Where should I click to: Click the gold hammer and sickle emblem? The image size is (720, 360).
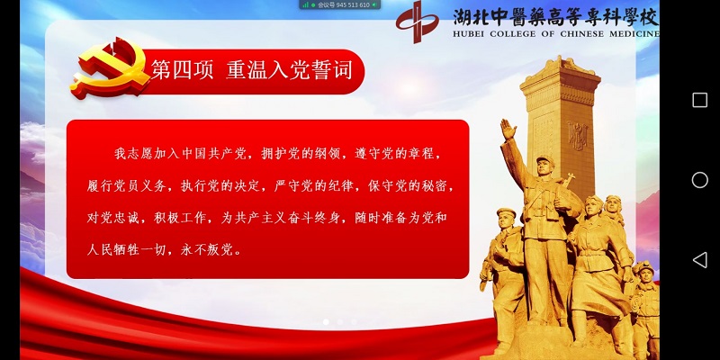pyautogui.click(x=110, y=68)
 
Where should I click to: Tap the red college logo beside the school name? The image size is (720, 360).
pyautogui.click(x=418, y=22)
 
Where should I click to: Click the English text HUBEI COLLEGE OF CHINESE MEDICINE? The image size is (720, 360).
pyautogui.click(x=555, y=34)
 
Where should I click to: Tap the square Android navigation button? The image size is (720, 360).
pyautogui.click(x=700, y=100)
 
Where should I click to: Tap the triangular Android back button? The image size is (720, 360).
pyautogui.click(x=700, y=260)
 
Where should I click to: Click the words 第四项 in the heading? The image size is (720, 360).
pyautogui.click(x=183, y=71)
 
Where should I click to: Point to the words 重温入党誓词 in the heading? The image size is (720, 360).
pyautogui.click(x=289, y=71)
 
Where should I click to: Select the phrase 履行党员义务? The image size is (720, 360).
pyautogui.click(x=126, y=185)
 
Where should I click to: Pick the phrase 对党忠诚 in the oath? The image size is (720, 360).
pyautogui.click(x=113, y=218)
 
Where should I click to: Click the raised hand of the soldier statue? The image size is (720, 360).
pyautogui.click(x=508, y=130)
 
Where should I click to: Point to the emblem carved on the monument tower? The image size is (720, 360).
pyautogui.click(x=577, y=136)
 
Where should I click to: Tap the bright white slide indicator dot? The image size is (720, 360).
pyautogui.click(x=326, y=322)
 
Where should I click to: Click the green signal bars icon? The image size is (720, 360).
pyautogui.click(x=305, y=5)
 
